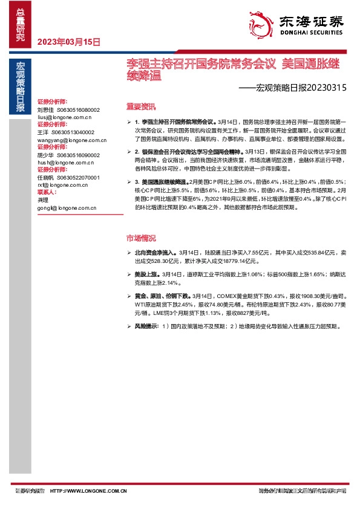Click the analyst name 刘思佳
click(x=45, y=110)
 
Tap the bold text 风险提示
click(x=147, y=326)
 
